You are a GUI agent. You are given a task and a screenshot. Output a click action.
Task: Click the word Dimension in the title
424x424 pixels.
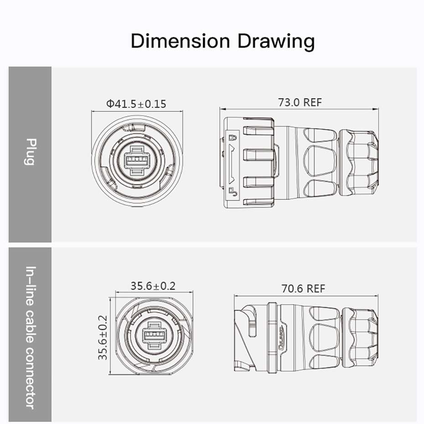(x=181, y=41)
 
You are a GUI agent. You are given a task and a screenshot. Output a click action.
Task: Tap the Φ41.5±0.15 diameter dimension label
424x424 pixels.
(x=136, y=104)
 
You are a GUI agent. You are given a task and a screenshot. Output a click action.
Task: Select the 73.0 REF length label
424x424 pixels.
(x=300, y=102)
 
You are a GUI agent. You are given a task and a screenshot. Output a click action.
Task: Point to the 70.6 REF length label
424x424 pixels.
(x=303, y=289)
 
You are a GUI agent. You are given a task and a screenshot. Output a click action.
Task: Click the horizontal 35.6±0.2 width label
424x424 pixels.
(x=153, y=286)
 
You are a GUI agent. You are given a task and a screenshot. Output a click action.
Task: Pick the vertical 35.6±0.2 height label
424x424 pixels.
(x=103, y=337)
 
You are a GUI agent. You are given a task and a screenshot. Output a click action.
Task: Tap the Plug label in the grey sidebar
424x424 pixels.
(x=31, y=152)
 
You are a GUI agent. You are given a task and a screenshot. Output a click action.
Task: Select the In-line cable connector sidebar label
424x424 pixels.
(x=31, y=337)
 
